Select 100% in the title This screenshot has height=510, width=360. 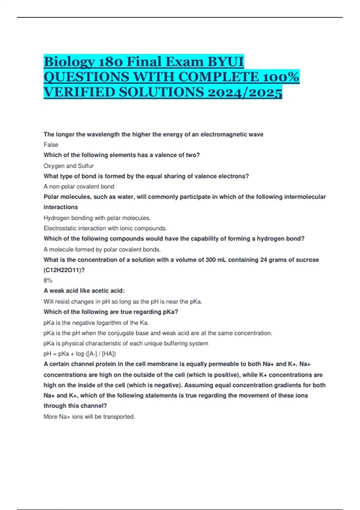point(280,77)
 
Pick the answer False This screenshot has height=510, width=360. point(51,145)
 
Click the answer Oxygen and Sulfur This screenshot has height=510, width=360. point(69,166)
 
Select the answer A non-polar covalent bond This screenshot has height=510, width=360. point(79,187)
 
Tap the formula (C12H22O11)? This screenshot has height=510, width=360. point(64,270)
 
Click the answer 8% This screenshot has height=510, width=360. point(48,280)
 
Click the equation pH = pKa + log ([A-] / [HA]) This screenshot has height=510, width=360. point(80,354)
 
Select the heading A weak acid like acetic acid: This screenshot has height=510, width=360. point(84,291)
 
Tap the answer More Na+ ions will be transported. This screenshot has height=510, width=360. point(89,417)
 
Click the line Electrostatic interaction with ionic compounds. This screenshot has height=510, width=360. point(105,228)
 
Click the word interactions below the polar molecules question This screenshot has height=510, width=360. point(61,207)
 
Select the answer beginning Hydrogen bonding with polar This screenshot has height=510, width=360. point(97,218)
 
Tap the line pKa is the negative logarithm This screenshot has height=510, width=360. point(96,323)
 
